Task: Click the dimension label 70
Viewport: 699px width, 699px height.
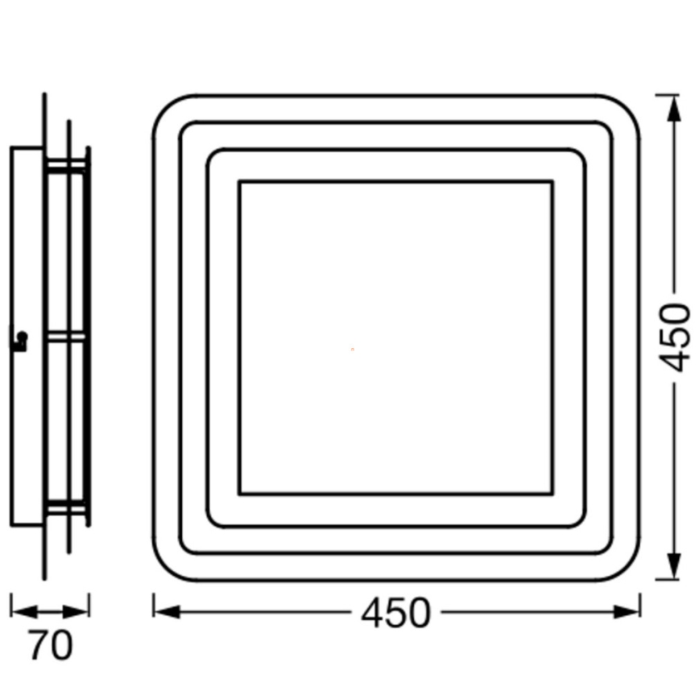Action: [50, 646]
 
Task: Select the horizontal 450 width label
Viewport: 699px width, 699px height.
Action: [395, 614]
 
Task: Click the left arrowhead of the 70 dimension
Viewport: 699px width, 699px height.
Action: [18, 610]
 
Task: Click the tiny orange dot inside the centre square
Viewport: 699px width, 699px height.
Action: [352, 349]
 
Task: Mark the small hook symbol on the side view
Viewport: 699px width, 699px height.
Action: [20, 339]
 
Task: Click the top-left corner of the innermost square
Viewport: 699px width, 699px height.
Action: [239, 183]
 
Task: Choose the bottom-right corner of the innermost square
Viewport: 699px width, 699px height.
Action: [552, 493]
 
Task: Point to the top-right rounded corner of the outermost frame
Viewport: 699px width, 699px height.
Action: [625, 111]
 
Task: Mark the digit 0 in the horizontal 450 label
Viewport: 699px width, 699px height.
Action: [417, 614]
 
